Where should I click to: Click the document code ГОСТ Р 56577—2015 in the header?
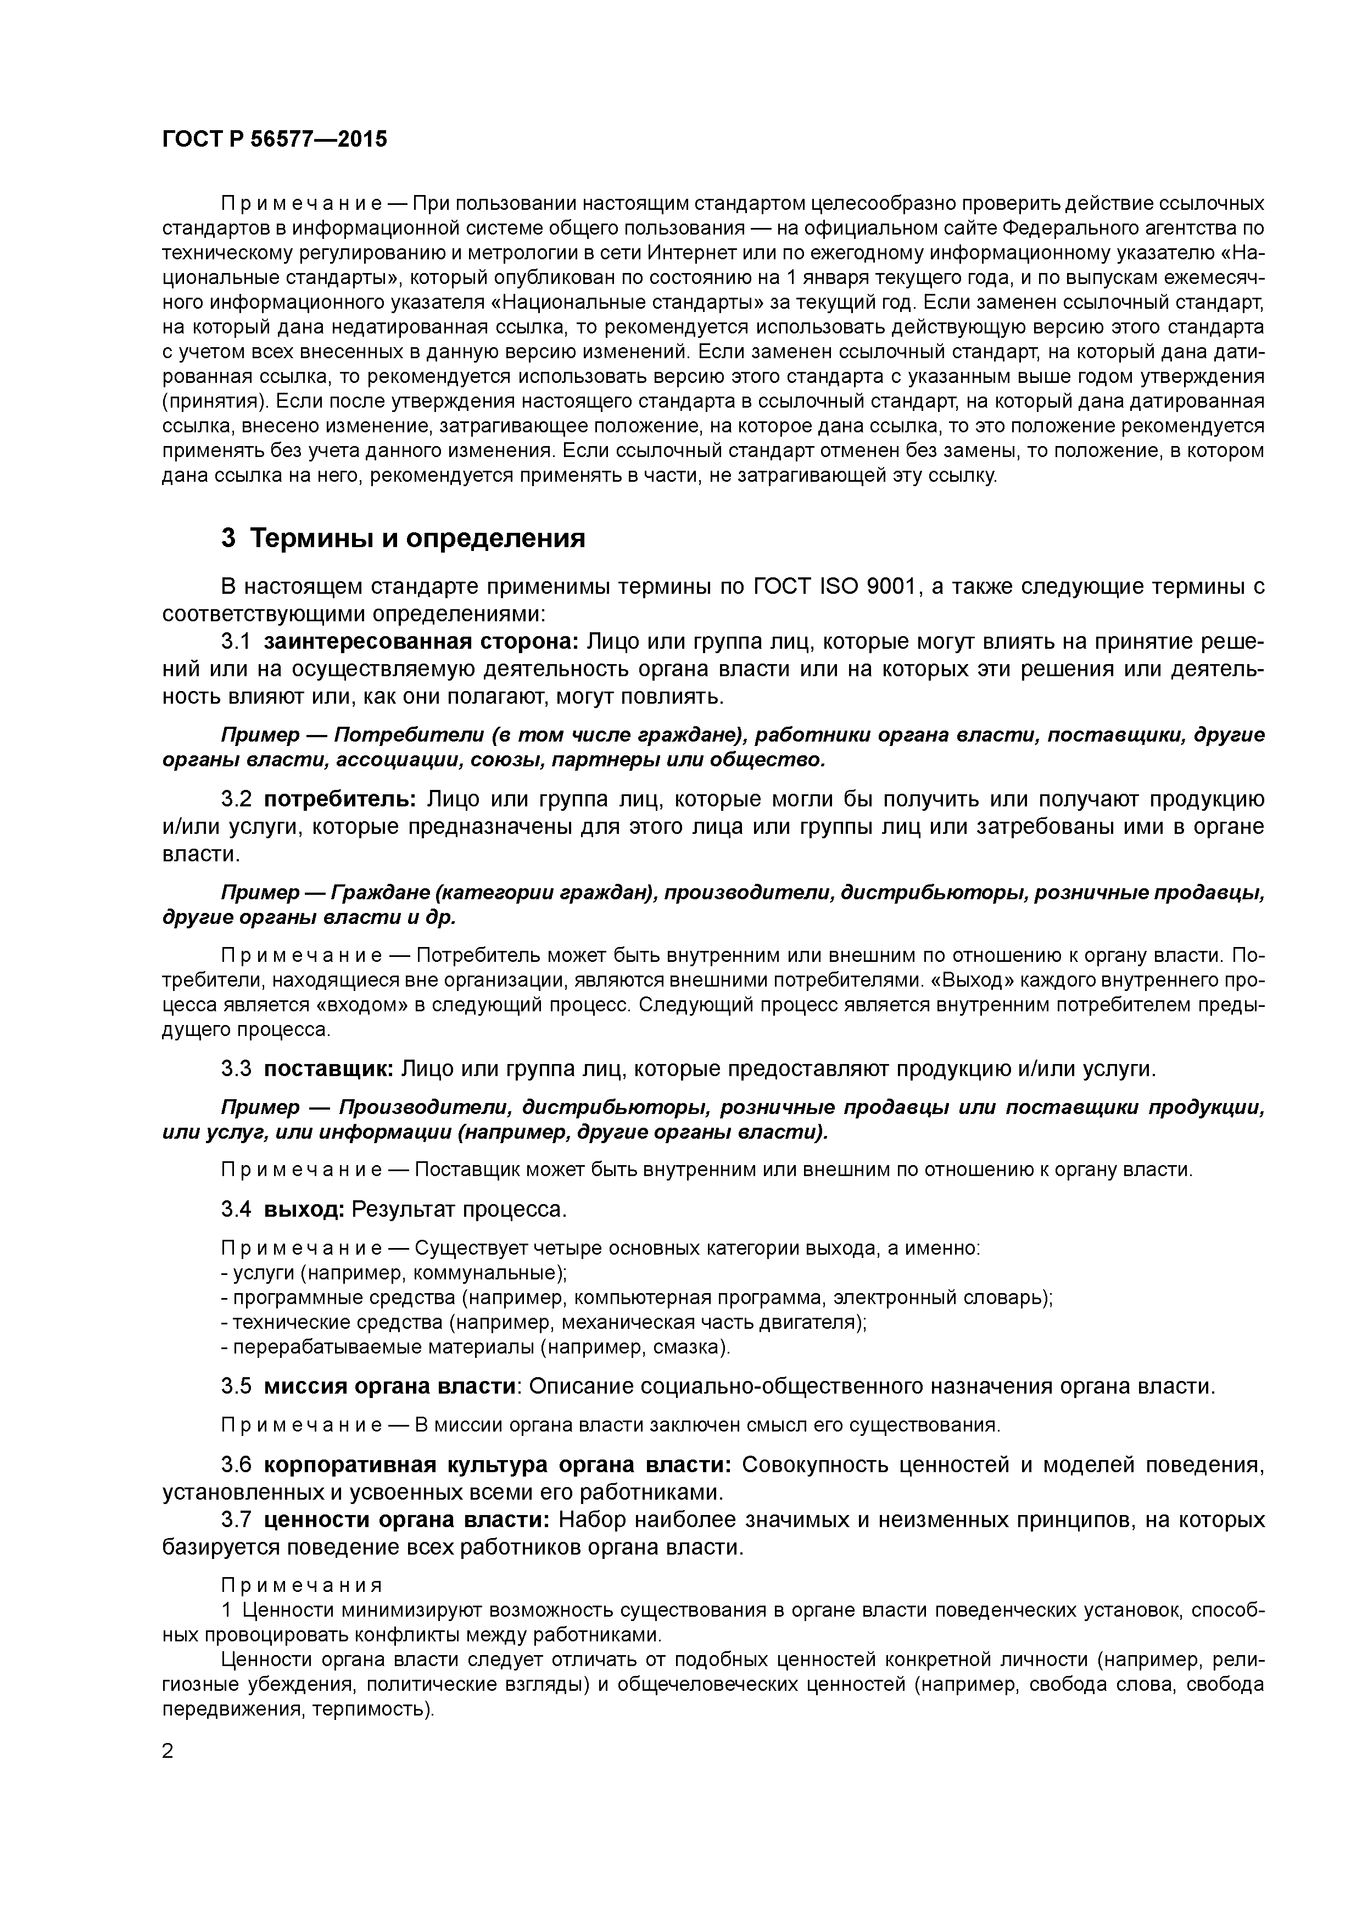coord(275,140)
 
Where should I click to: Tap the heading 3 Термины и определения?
coord(403,538)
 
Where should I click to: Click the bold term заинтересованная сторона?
coord(421,642)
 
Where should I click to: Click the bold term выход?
coord(304,1210)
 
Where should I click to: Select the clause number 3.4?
coord(236,1210)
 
